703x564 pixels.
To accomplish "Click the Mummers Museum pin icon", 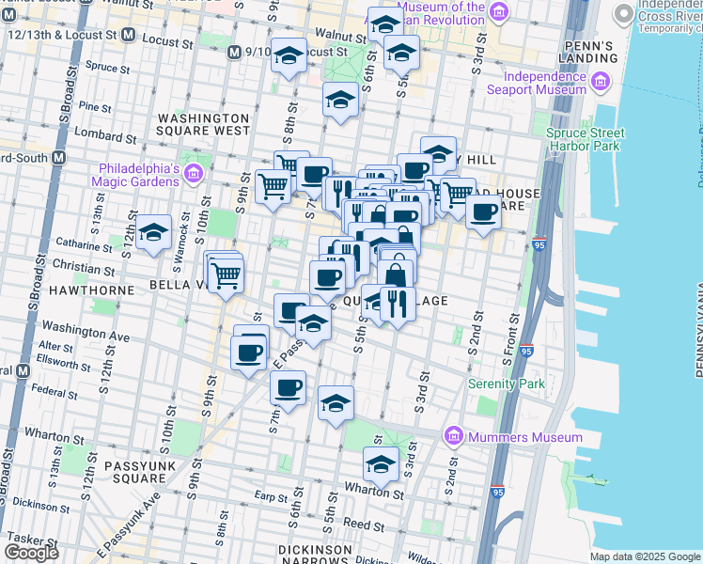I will pyautogui.click(x=454, y=436).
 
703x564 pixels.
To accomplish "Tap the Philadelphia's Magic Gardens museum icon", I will pyautogui.click(x=194, y=173).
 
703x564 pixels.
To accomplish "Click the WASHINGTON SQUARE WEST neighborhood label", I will pyautogui.click(x=203, y=124).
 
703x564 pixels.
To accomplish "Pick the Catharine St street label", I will pyautogui.click(x=83, y=247).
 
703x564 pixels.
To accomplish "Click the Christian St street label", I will pyautogui.click(x=83, y=269).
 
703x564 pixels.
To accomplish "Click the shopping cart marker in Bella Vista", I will pyautogui.click(x=226, y=276).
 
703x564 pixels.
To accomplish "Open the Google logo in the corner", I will pyautogui.click(x=31, y=553).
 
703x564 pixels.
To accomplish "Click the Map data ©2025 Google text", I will pyautogui.click(x=644, y=556).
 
